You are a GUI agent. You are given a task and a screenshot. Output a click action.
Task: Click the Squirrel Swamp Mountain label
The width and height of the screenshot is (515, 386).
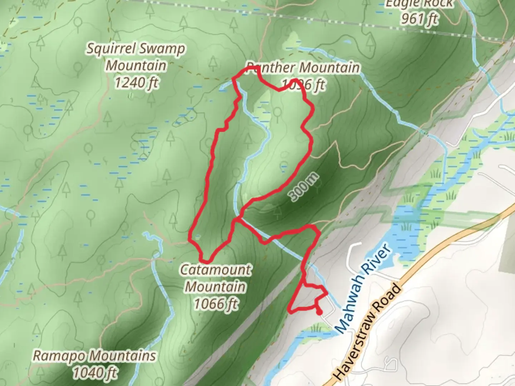(x=136, y=57)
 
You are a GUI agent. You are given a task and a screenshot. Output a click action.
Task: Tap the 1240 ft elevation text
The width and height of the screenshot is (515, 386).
(x=136, y=83)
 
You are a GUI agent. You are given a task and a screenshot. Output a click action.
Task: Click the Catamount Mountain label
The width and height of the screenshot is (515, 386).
(x=216, y=278)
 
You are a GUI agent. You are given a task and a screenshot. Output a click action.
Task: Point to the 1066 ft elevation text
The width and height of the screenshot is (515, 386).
(x=216, y=304)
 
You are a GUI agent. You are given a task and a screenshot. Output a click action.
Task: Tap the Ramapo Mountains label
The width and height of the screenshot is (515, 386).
(x=94, y=356)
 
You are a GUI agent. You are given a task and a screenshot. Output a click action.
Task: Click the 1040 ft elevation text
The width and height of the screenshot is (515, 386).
(x=95, y=373)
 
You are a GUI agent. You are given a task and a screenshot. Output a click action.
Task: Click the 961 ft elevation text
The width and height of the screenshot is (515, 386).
(x=419, y=19)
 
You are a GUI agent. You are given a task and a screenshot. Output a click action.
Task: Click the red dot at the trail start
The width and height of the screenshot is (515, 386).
(x=319, y=312)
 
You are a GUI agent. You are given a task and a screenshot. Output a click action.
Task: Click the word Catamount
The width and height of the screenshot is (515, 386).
(x=216, y=269)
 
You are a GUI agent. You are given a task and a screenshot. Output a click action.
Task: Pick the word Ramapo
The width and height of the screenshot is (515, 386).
(x=59, y=356)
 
